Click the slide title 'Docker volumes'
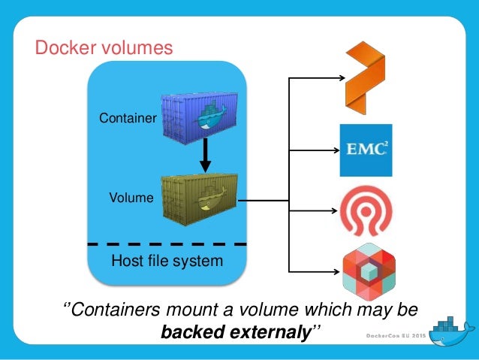click(x=104, y=48)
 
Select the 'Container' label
click(x=127, y=118)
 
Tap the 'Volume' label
click(x=131, y=198)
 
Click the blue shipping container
click(x=200, y=117)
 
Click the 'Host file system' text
click(x=167, y=262)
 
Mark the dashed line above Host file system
click(x=167, y=244)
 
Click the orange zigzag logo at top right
click(x=364, y=76)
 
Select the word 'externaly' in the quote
click(x=269, y=330)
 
